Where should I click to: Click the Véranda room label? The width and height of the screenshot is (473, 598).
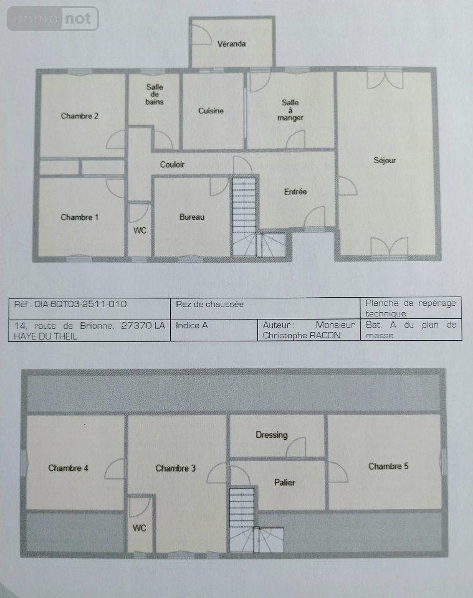click(232, 44)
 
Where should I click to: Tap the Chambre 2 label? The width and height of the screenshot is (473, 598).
click(79, 116)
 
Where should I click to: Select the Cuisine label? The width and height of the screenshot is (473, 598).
click(211, 111)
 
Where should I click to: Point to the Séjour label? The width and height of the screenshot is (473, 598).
click(385, 161)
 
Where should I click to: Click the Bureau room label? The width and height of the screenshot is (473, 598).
click(192, 217)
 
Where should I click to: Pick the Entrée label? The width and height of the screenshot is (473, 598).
click(295, 191)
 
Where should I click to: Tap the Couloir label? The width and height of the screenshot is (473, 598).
click(172, 164)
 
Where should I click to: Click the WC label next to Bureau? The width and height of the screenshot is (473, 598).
click(140, 230)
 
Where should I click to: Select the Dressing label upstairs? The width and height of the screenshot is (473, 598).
click(272, 435)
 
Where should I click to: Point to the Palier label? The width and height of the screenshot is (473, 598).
click(285, 482)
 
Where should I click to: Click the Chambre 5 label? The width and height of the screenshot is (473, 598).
click(388, 466)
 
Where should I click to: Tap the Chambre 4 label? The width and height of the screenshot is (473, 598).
click(69, 468)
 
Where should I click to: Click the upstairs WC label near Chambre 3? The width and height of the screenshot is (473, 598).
click(139, 528)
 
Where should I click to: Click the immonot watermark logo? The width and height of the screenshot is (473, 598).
click(52, 19)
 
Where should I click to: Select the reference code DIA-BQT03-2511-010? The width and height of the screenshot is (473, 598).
click(80, 304)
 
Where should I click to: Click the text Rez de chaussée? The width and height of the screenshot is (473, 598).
click(209, 305)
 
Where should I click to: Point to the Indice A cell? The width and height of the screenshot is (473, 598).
click(191, 325)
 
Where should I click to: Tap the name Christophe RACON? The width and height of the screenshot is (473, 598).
click(302, 335)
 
